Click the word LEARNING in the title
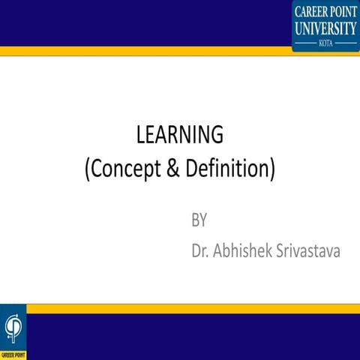(180, 136)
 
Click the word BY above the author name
(199, 220)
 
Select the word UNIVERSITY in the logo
(325, 28)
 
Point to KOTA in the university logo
(325, 43)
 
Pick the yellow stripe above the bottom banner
(187, 308)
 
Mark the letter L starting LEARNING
(140, 136)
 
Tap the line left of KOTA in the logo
(307, 43)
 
